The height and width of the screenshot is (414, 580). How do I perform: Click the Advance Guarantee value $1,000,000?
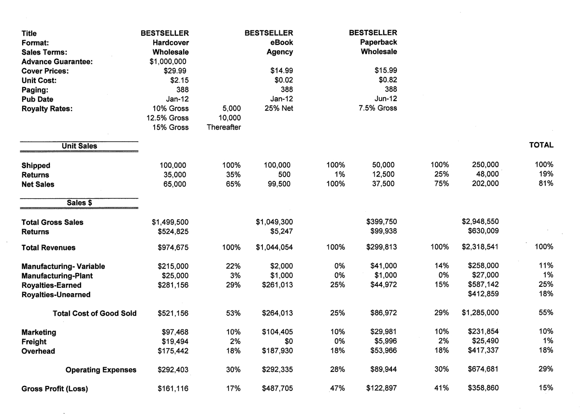click(x=168, y=61)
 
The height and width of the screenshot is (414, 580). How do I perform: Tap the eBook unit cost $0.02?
click(x=282, y=80)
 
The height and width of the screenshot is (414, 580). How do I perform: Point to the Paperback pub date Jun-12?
click(x=385, y=99)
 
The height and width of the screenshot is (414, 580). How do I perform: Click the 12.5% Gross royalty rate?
click(x=168, y=118)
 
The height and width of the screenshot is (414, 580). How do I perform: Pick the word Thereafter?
click(x=223, y=127)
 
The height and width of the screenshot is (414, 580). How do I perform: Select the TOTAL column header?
click(x=541, y=145)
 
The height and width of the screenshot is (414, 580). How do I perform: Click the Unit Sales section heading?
click(x=79, y=146)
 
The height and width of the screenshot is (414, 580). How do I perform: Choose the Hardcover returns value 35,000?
click(x=174, y=175)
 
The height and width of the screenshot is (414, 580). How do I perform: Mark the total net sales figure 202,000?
click(x=485, y=184)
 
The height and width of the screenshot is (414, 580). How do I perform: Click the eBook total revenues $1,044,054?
click(x=275, y=247)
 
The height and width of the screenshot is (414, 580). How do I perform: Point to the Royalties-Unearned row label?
click(x=56, y=294)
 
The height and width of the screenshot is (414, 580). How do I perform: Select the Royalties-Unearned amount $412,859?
click(x=484, y=294)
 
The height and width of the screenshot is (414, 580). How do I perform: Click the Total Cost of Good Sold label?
click(x=95, y=313)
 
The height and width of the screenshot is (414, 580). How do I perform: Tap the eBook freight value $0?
click(x=288, y=341)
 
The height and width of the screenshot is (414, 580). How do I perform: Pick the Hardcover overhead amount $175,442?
click(x=174, y=351)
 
